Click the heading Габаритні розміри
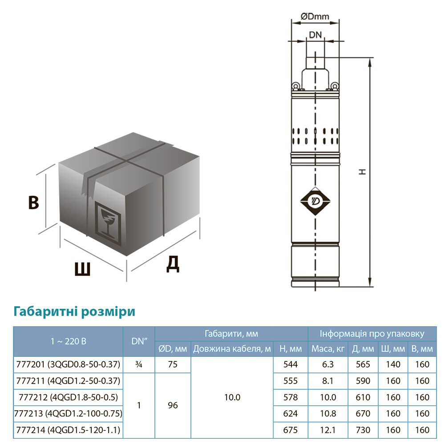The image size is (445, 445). [x=75, y=311]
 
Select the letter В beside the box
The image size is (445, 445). [x=33, y=202]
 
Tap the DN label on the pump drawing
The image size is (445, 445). [x=315, y=35]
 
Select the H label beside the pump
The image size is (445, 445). [x=363, y=171]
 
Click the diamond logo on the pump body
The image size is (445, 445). [x=315, y=202]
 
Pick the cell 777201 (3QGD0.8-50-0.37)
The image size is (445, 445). [x=68, y=364]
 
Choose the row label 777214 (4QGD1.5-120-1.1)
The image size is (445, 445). [x=68, y=430]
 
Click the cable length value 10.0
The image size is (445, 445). [x=231, y=397]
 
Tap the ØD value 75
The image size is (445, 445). [x=173, y=364]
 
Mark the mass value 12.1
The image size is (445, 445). [x=328, y=430]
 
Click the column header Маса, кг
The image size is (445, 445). [x=328, y=349]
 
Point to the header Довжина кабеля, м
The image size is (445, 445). [x=231, y=349]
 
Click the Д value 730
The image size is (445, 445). [x=363, y=430]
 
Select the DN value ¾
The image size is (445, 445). [x=139, y=364]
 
